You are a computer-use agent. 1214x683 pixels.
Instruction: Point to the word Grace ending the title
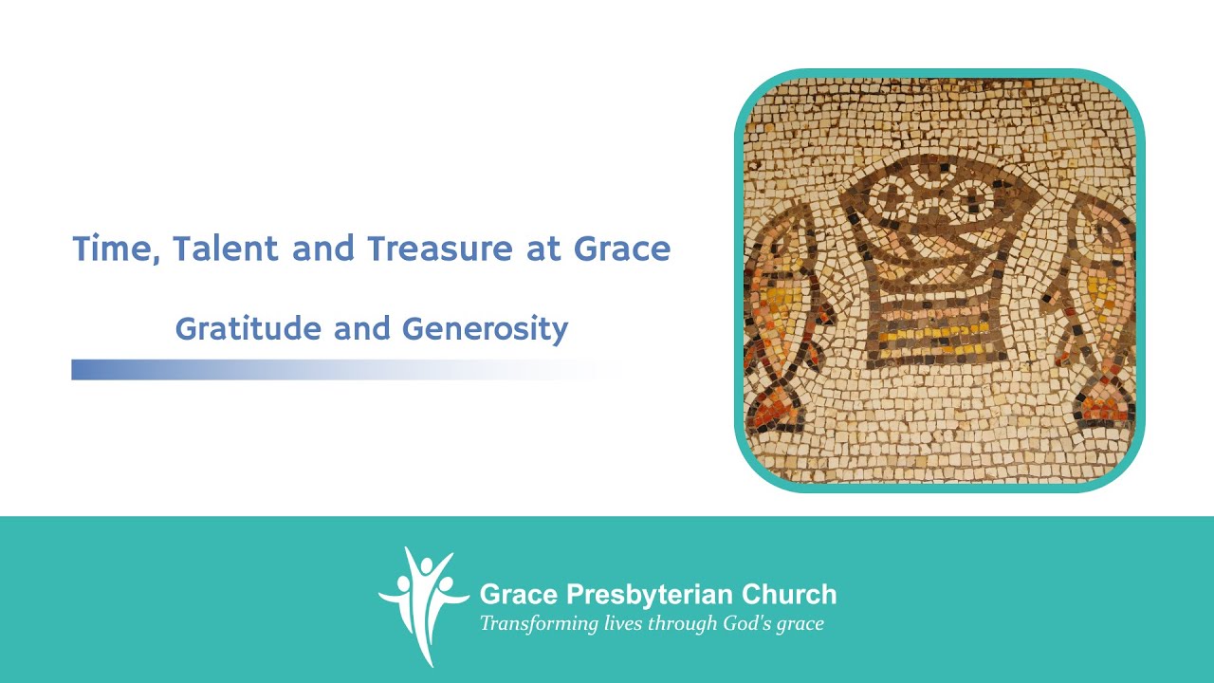click(x=622, y=249)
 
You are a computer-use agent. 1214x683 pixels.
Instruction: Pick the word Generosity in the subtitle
click(x=485, y=329)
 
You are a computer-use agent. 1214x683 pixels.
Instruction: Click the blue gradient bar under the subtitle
click(x=237, y=369)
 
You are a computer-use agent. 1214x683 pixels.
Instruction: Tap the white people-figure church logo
click(x=423, y=602)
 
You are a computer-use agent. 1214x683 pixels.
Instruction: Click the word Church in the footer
click(x=787, y=595)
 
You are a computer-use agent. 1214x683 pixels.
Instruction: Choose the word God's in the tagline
click(x=750, y=623)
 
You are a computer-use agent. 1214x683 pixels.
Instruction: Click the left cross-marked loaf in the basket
click(x=893, y=197)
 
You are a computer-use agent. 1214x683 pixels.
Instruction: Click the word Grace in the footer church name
click(x=517, y=595)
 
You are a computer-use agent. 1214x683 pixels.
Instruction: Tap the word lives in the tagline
click(x=624, y=623)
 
